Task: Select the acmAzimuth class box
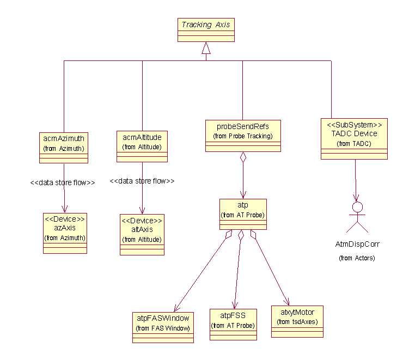click(x=64, y=147)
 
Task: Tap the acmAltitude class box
click(x=142, y=146)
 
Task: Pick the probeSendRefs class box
click(x=243, y=135)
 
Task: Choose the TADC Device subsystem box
click(x=354, y=138)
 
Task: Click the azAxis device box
click(x=65, y=233)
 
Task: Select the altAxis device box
click(x=142, y=234)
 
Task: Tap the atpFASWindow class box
click(x=163, y=327)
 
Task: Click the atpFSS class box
click(x=233, y=325)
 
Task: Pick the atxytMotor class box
click(x=297, y=321)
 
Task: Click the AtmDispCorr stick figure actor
click(x=357, y=217)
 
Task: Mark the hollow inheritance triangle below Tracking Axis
click(x=205, y=49)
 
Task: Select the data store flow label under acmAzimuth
click(x=63, y=183)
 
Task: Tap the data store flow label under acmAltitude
click(x=142, y=181)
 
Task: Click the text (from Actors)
click(x=357, y=258)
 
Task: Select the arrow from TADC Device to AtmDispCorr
click(x=356, y=180)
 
